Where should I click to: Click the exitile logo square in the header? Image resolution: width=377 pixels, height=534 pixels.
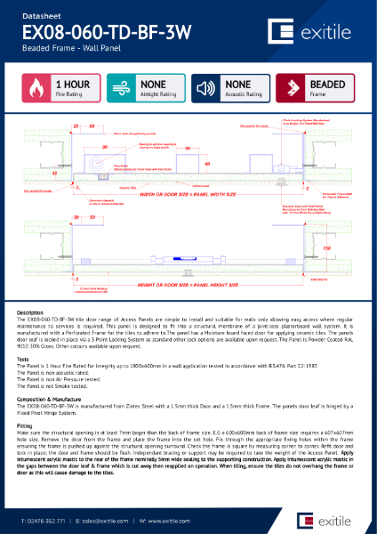point(284,33)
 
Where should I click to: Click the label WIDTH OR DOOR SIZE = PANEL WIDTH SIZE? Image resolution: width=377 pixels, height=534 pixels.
point(188,193)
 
